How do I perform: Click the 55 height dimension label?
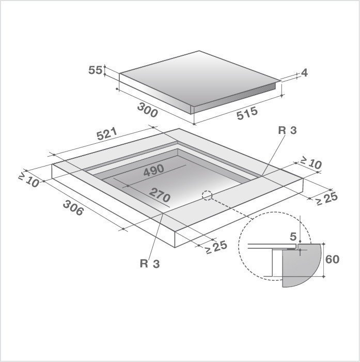click(95, 70)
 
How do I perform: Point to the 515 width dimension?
click(246, 114)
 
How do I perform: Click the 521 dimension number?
click(107, 137)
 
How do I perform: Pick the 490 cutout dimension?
click(153, 169)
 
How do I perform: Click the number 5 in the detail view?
click(293, 237)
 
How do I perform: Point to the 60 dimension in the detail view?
click(333, 259)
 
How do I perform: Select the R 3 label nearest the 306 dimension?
click(149, 263)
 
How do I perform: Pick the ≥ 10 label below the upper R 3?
click(310, 163)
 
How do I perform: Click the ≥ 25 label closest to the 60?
click(216, 247)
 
